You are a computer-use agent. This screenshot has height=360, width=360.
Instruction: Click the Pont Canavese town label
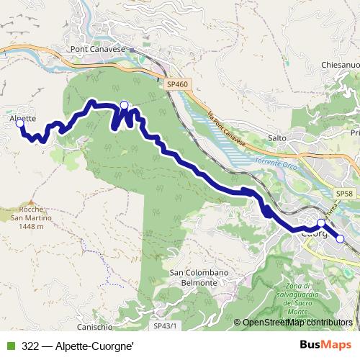click(x=97, y=49)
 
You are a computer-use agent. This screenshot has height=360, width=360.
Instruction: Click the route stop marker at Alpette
click(x=20, y=124)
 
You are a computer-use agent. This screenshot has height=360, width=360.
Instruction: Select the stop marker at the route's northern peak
click(x=124, y=106)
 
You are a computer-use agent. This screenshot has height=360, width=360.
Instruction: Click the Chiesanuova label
click(x=341, y=65)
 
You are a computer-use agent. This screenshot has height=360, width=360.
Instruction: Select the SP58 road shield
click(x=343, y=194)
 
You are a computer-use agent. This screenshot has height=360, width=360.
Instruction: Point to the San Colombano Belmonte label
click(x=192, y=278)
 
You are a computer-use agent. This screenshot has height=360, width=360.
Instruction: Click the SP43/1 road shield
click(x=166, y=326)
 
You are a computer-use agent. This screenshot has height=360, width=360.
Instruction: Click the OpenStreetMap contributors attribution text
click(x=297, y=323)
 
